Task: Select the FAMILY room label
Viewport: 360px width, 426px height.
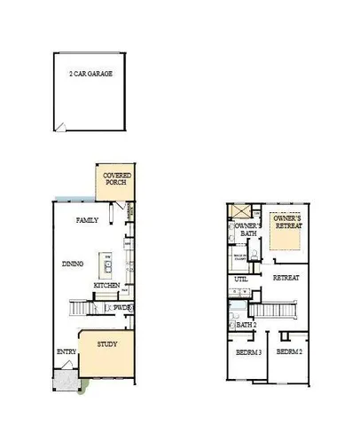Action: coord(87,220)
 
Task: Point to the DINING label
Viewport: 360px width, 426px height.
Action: coord(73,263)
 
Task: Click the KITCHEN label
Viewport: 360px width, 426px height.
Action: coord(107,285)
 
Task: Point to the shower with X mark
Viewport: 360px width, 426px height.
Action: coord(237,211)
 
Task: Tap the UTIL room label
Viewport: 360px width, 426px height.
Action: coord(240,280)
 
